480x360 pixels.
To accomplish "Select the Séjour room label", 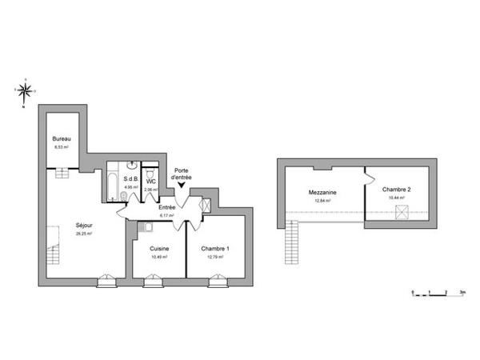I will coord(83,225).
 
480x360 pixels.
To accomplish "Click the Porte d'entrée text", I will coord(182,173).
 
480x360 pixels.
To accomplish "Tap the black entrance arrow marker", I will coord(182,187).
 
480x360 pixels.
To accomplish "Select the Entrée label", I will coord(166,207).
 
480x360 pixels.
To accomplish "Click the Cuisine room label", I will coord(158,249).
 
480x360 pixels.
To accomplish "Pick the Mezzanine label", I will coord(322,193).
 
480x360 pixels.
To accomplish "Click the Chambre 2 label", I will coord(396,189).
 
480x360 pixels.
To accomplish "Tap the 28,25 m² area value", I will coord(83,234).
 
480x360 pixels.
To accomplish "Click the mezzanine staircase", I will coord(291,242).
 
